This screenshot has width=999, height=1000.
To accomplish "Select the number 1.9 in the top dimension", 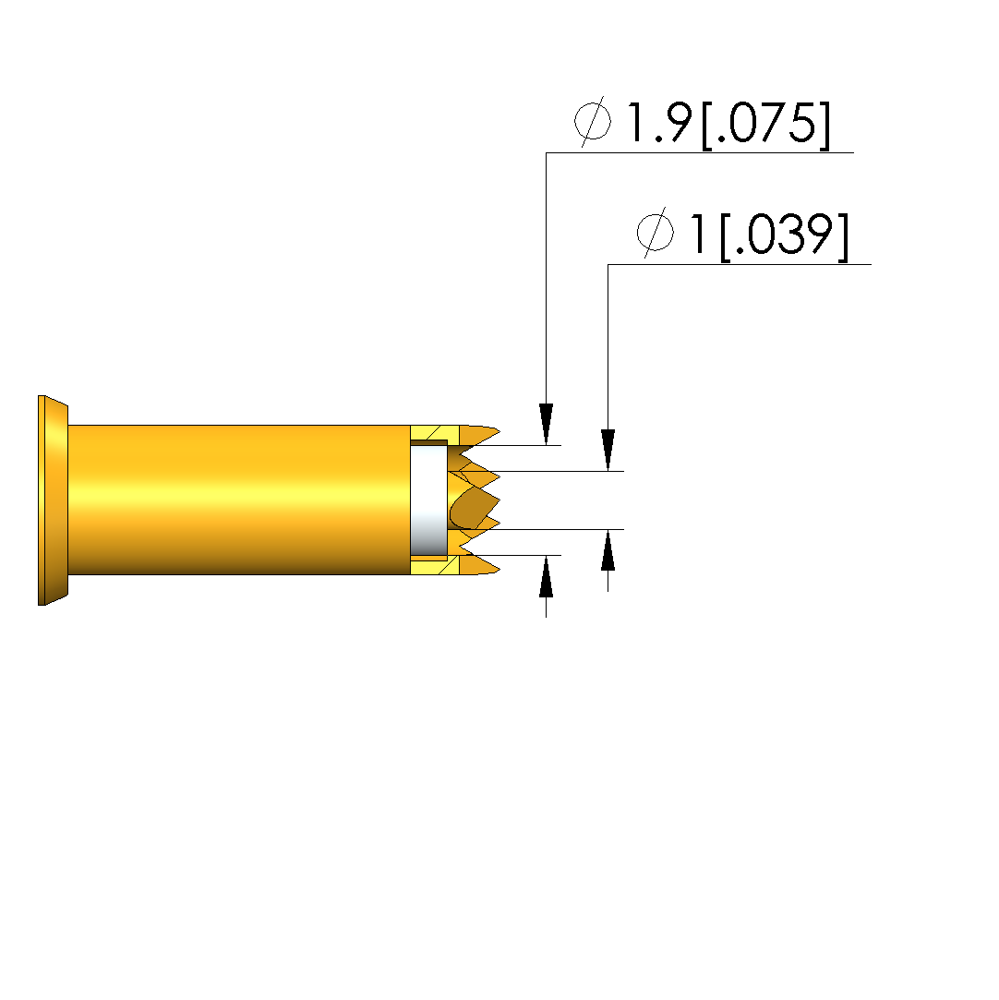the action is click(x=660, y=122).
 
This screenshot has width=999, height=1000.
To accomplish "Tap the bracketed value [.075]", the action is click(x=765, y=125).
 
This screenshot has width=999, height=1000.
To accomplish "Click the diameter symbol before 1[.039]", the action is click(x=655, y=233).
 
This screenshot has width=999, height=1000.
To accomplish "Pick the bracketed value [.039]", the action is click(x=785, y=236).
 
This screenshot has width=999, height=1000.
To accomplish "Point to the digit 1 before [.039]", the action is click(x=698, y=234).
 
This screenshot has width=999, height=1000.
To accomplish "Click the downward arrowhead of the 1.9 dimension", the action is click(x=546, y=424).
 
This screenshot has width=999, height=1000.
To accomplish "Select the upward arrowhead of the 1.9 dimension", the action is click(x=546, y=576).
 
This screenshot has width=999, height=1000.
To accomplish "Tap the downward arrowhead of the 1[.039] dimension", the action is click(x=608, y=450).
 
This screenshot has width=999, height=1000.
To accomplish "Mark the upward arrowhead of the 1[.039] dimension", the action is click(x=608, y=549).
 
